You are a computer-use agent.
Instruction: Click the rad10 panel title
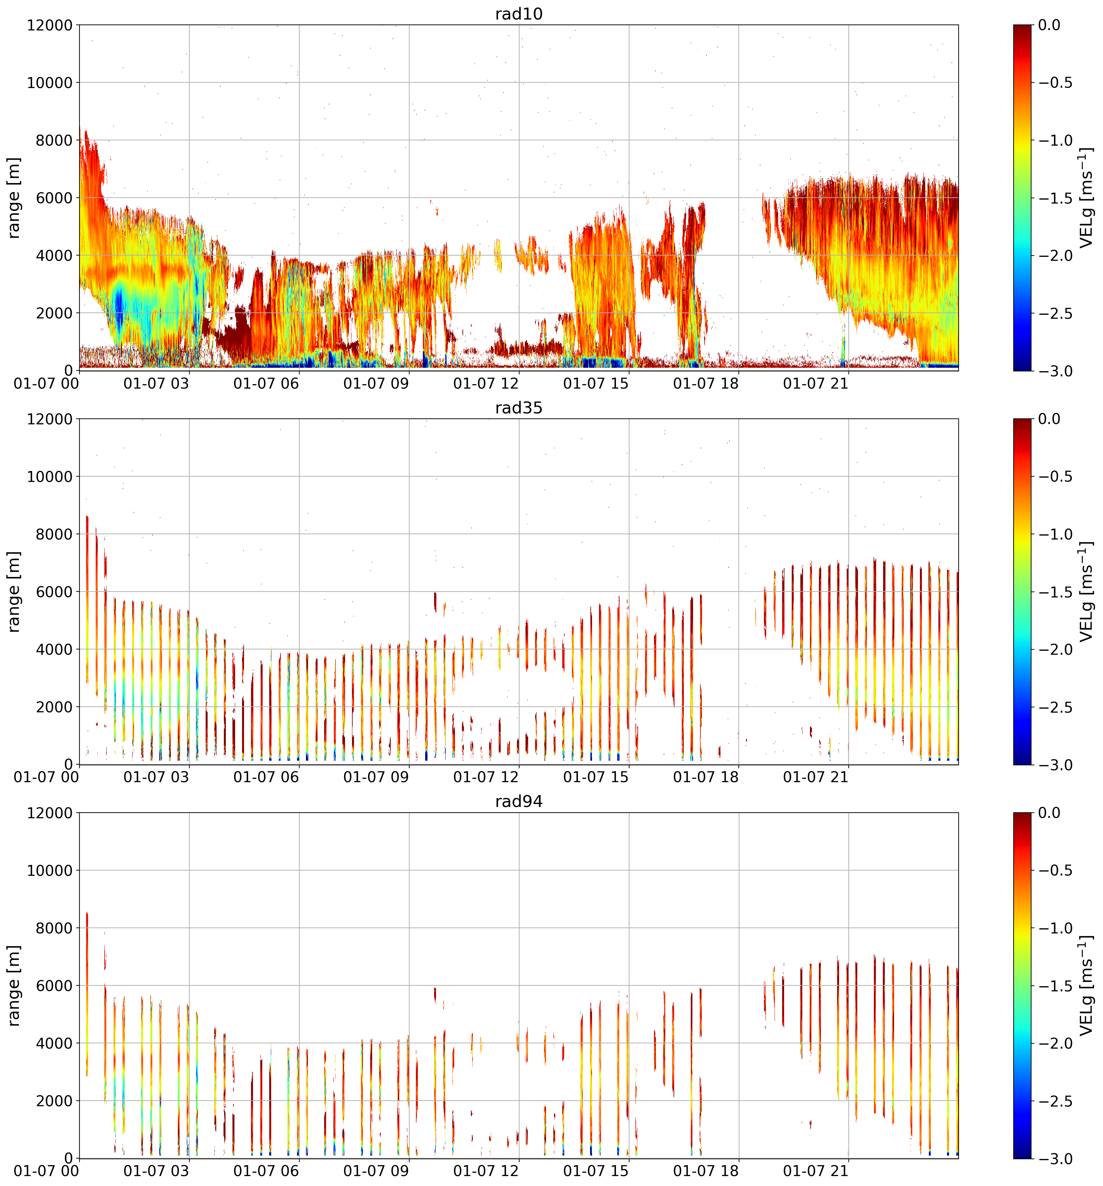(519, 14)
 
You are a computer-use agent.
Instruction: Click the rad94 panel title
(519, 801)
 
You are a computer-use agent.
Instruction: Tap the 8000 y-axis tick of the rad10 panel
(56, 140)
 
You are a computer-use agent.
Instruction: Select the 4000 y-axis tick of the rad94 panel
(56, 1043)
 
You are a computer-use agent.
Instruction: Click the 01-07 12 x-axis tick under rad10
(486, 384)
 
